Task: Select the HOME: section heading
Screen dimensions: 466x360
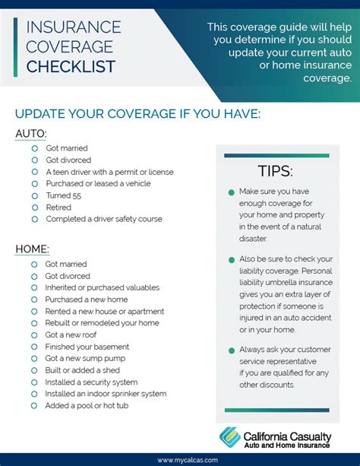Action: [x=33, y=249]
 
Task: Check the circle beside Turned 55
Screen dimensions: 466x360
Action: [x=35, y=195]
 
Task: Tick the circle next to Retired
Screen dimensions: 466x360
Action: [x=35, y=207]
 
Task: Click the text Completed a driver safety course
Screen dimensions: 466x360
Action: [x=104, y=219]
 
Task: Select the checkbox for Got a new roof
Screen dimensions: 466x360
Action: [x=34, y=334]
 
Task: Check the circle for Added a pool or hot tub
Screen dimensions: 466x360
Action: [x=34, y=406]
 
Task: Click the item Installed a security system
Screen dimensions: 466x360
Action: [x=91, y=382]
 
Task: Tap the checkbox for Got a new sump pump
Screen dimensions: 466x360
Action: [x=34, y=358]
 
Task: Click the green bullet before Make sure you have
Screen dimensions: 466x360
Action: [x=231, y=193]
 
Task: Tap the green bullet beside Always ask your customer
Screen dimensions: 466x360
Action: [x=231, y=350]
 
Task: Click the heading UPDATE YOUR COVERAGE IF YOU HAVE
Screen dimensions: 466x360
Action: [x=137, y=113]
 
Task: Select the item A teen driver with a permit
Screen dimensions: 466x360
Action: [x=109, y=172]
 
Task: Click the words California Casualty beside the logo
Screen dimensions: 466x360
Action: [x=288, y=432]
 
